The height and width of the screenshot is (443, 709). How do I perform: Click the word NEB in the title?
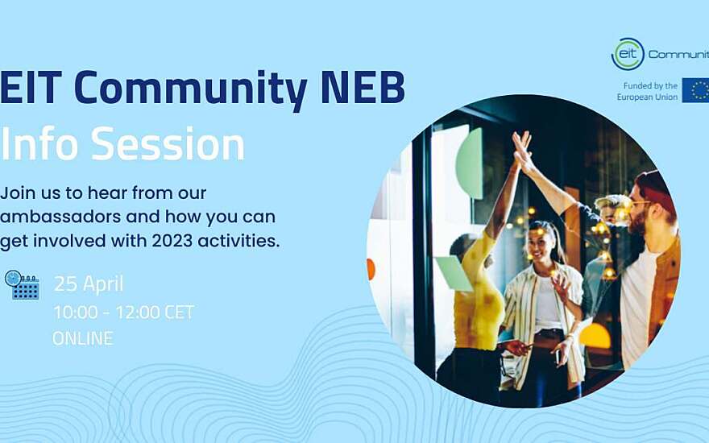point(363,86)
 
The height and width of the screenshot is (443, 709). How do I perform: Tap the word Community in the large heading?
point(190,89)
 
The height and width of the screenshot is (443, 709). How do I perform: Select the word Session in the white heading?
point(168,143)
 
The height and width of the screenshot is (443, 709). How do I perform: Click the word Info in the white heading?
point(39,143)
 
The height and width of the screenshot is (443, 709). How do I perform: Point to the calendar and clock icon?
point(23,285)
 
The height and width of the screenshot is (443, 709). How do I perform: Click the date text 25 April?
point(89,284)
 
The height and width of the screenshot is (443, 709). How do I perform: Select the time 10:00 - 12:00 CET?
point(124,312)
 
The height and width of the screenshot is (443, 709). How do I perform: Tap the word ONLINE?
point(83,338)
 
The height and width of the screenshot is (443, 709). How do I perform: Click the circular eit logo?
point(628,54)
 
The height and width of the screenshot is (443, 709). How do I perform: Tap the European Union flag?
point(696,90)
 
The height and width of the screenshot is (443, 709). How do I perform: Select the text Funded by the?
point(650,85)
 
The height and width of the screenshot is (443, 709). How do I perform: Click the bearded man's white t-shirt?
point(637,308)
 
